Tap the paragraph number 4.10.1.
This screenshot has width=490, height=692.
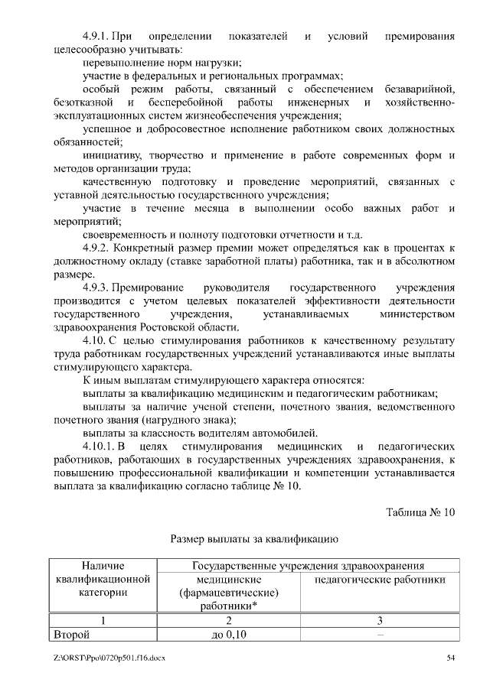point(99,446)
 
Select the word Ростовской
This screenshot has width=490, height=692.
point(169,327)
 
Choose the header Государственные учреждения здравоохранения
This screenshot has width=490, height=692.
point(309,566)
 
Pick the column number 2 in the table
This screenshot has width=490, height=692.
point(227,620)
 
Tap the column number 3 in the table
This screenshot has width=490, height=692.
point(380,620)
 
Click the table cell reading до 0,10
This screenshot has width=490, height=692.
point(227,634)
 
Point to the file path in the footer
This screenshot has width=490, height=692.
point(110,658)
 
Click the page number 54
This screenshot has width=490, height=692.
point(451,658)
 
